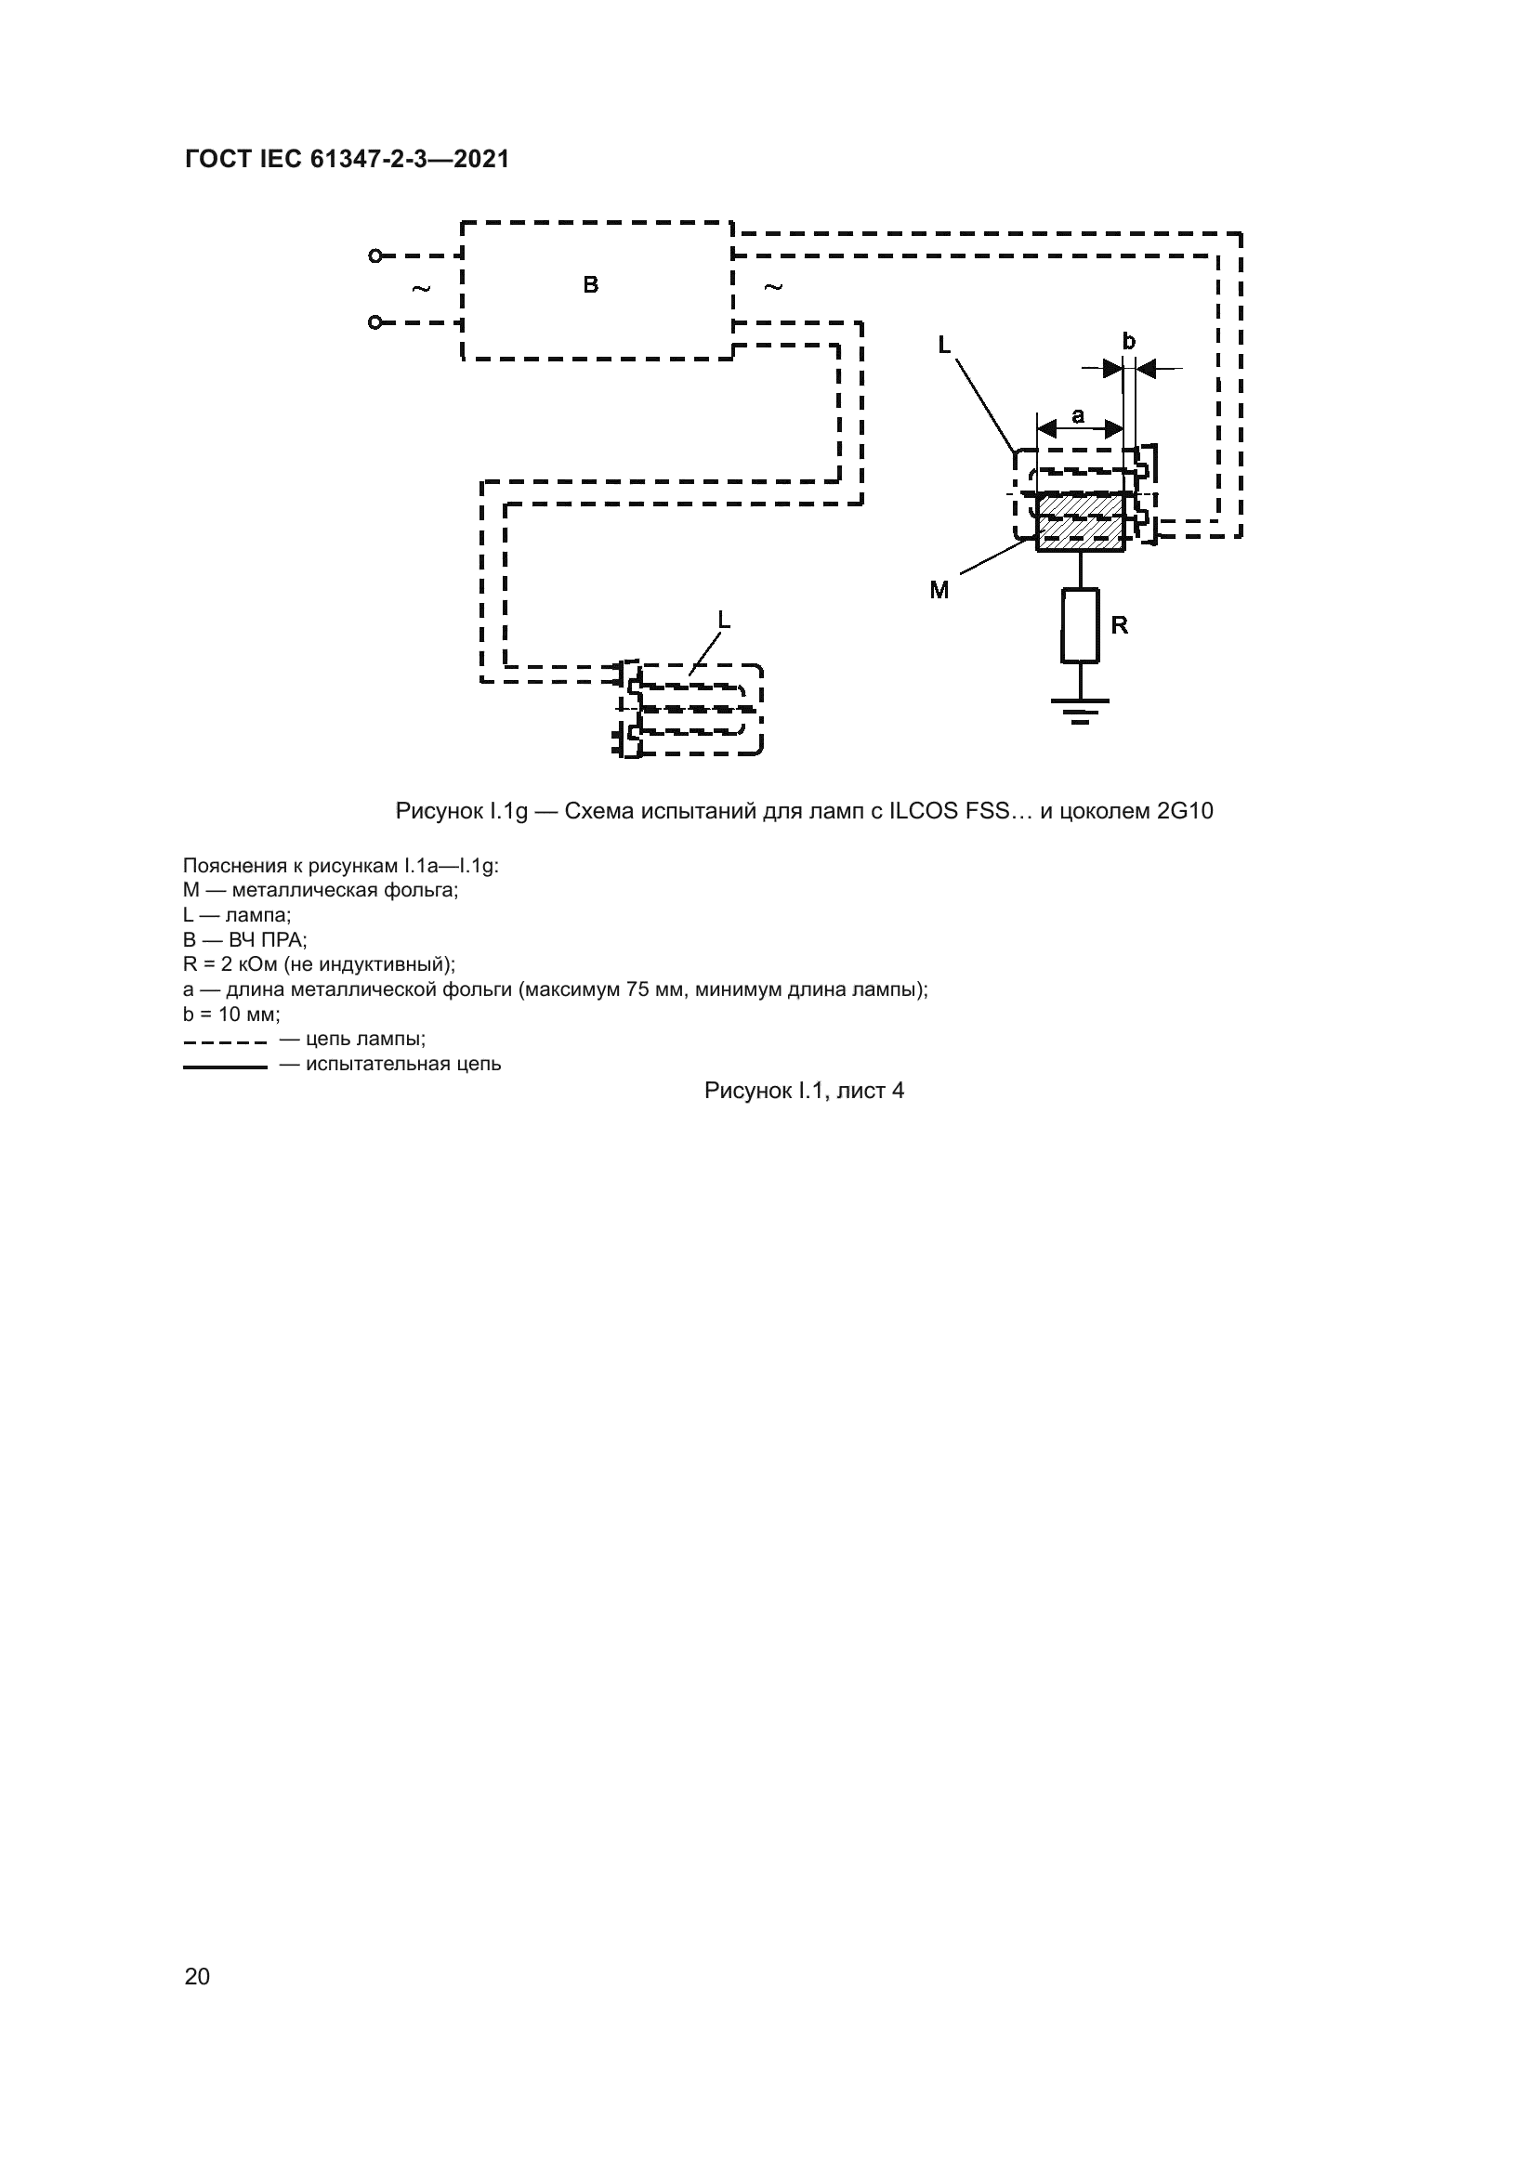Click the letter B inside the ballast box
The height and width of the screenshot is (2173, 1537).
591,285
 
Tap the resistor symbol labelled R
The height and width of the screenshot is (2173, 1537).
1080,625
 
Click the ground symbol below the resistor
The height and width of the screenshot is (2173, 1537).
1080,710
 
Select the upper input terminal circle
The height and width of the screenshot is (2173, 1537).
374,255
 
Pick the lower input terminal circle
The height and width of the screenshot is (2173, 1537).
374,322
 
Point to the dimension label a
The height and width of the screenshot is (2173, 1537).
1078,414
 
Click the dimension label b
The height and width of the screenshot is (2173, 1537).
1128,341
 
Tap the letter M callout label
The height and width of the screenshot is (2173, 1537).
939,591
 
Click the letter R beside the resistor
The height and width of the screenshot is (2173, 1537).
1120,625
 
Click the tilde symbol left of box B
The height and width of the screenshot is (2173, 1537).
421,288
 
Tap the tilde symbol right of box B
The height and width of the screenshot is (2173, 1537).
773,287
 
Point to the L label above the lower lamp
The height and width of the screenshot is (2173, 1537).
724,620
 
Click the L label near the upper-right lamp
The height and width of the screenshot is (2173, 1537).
944,346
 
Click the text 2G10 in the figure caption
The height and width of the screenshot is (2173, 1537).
1184,811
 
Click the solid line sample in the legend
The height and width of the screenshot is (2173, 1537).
225,1067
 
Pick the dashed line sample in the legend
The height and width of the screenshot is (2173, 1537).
225,1043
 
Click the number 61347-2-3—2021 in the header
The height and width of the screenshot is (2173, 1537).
409,159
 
